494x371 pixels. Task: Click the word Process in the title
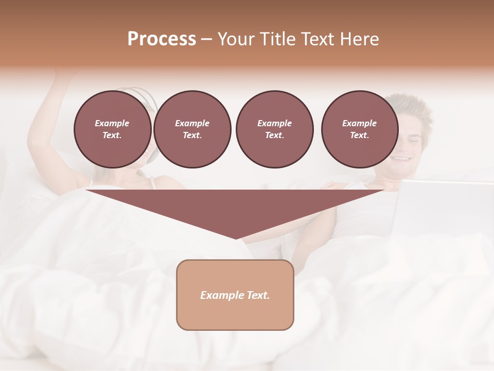tap(162, 39)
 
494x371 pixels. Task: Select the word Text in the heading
tap(317, 39)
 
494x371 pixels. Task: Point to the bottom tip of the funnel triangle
tap(236, 238)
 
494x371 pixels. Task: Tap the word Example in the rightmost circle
tap(359, 123)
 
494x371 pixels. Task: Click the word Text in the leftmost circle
tap(112, 135)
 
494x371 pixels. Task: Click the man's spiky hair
tap(412, 106)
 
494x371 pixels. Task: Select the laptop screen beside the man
tap(443, 206)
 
